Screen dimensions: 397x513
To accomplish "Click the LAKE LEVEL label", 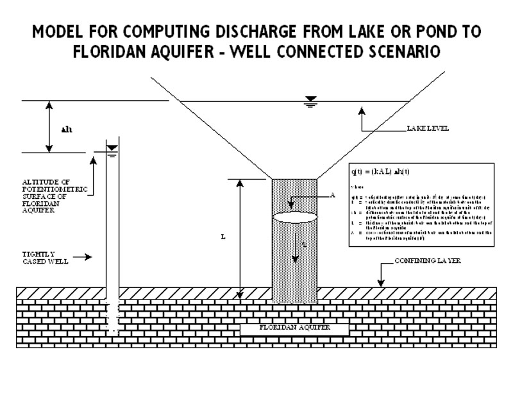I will coord(428,129).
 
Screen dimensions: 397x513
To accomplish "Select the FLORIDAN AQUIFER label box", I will coord(294,328).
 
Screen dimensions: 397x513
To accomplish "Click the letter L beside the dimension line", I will coord(223,237).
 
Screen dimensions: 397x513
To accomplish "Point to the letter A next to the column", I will coord(333,196).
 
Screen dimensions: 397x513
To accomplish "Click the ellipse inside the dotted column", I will coord(294,216).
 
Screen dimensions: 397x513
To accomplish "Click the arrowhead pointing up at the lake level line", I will coord(362,110).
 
